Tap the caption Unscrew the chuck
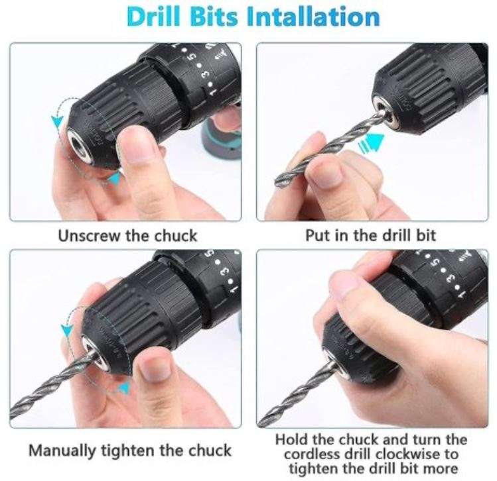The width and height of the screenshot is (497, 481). coord(127,235)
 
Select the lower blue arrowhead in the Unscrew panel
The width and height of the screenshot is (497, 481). coord(114,178)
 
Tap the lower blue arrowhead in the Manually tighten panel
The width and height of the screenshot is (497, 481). coord(120,388)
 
